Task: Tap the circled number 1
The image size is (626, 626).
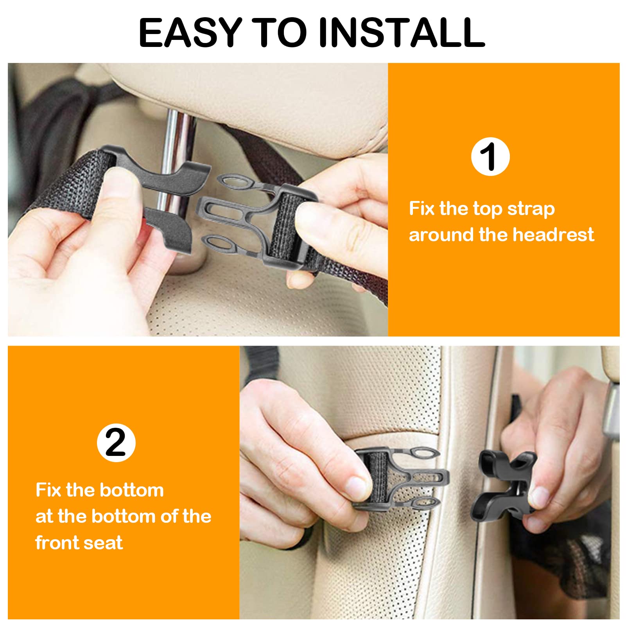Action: pyautogui.click(x=490, y=156)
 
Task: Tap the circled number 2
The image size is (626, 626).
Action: pyautogui.click(x=116, y=443)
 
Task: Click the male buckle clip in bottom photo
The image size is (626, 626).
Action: pyautogui.click(x=403, y=479)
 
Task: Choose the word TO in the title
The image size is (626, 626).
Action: pyautogui.click(x=279, y=33)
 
